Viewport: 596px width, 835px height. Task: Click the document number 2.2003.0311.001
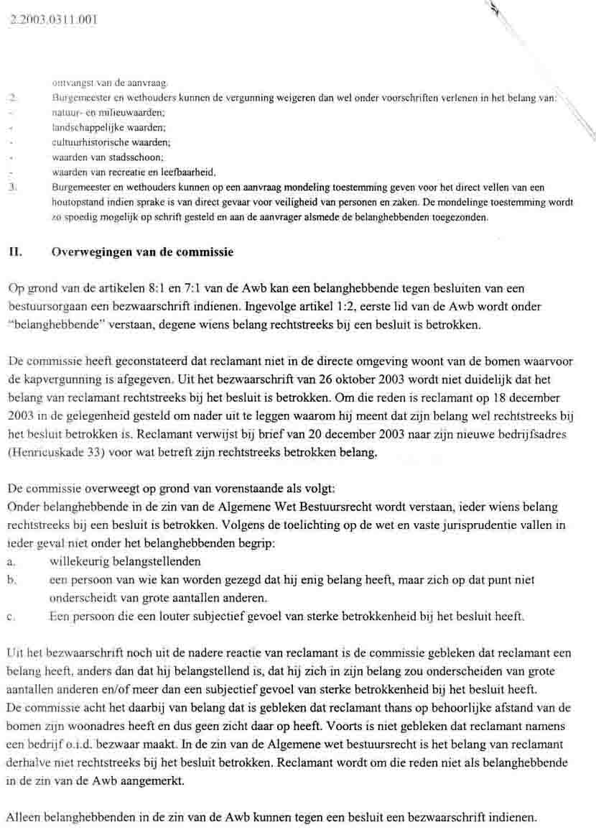click(x=50, y=19)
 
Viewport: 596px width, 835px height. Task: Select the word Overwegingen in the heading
click(x=90, y=253)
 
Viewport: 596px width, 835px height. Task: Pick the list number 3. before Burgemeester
click(x=11, y=187)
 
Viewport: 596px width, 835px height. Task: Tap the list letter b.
click(x=10, y=579)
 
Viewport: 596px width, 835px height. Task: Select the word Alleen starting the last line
click(x=24, y=818)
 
